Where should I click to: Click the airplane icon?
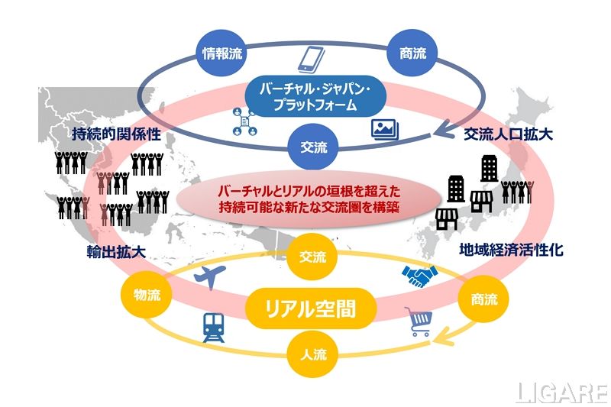point(212,277)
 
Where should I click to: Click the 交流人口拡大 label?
point(509,134)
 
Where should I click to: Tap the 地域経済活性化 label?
point(512,250)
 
